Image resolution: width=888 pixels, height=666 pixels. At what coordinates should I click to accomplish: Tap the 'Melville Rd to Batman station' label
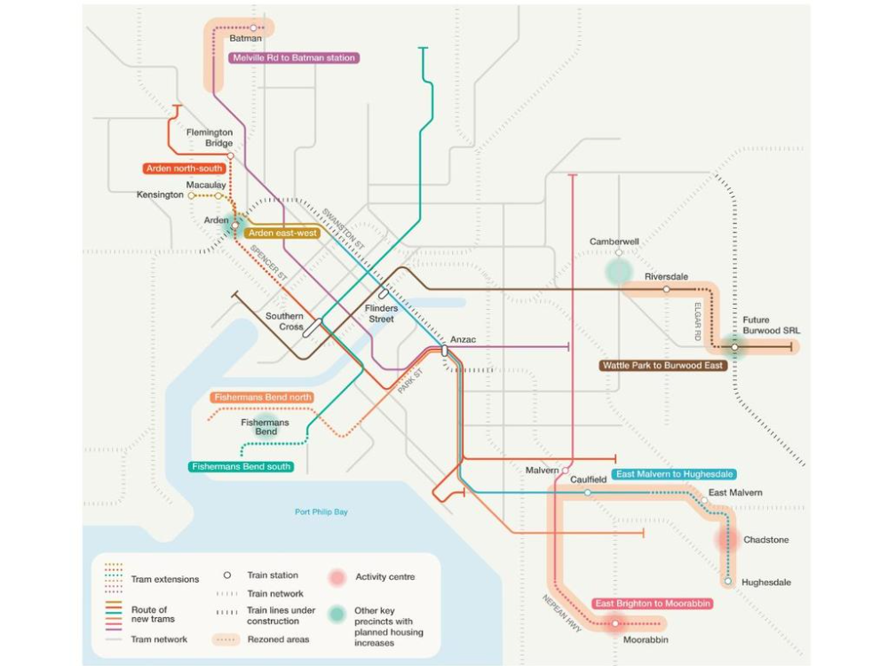tap(293, 58)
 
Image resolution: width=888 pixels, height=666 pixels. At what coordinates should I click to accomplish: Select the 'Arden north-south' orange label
tap(185, 168)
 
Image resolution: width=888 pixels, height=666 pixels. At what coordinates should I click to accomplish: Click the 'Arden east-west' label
tap(281, 233)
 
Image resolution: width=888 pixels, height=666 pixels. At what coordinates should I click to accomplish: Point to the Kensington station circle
tap(191, 195)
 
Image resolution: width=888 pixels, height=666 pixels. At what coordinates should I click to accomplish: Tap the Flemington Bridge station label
tap(210, 138)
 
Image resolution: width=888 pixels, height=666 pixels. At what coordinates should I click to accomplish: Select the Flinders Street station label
tap(382, 313)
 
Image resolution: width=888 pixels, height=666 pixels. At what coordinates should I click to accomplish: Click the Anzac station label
tap(464, 340)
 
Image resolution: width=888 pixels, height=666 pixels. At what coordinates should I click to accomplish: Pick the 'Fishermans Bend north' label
tap(263, 396)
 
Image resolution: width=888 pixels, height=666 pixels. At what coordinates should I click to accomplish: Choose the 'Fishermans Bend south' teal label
tap(242, 466)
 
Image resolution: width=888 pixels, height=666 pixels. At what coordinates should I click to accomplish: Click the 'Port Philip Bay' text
tap(321, 511)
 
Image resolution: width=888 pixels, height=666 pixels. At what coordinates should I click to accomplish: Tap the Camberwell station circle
tap(619, 253)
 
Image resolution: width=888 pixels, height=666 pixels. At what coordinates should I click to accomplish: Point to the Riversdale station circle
tap(667, 289)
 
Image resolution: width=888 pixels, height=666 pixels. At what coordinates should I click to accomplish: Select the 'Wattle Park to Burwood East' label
tap(663, 365)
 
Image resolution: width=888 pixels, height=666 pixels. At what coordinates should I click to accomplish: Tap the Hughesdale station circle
tap(728, 583)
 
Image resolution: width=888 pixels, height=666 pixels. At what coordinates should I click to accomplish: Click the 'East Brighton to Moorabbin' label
tap(653, 604)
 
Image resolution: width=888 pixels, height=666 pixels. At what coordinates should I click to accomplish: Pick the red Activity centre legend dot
tap(337, 577)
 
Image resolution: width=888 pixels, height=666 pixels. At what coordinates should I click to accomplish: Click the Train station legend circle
tap(227, 575)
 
